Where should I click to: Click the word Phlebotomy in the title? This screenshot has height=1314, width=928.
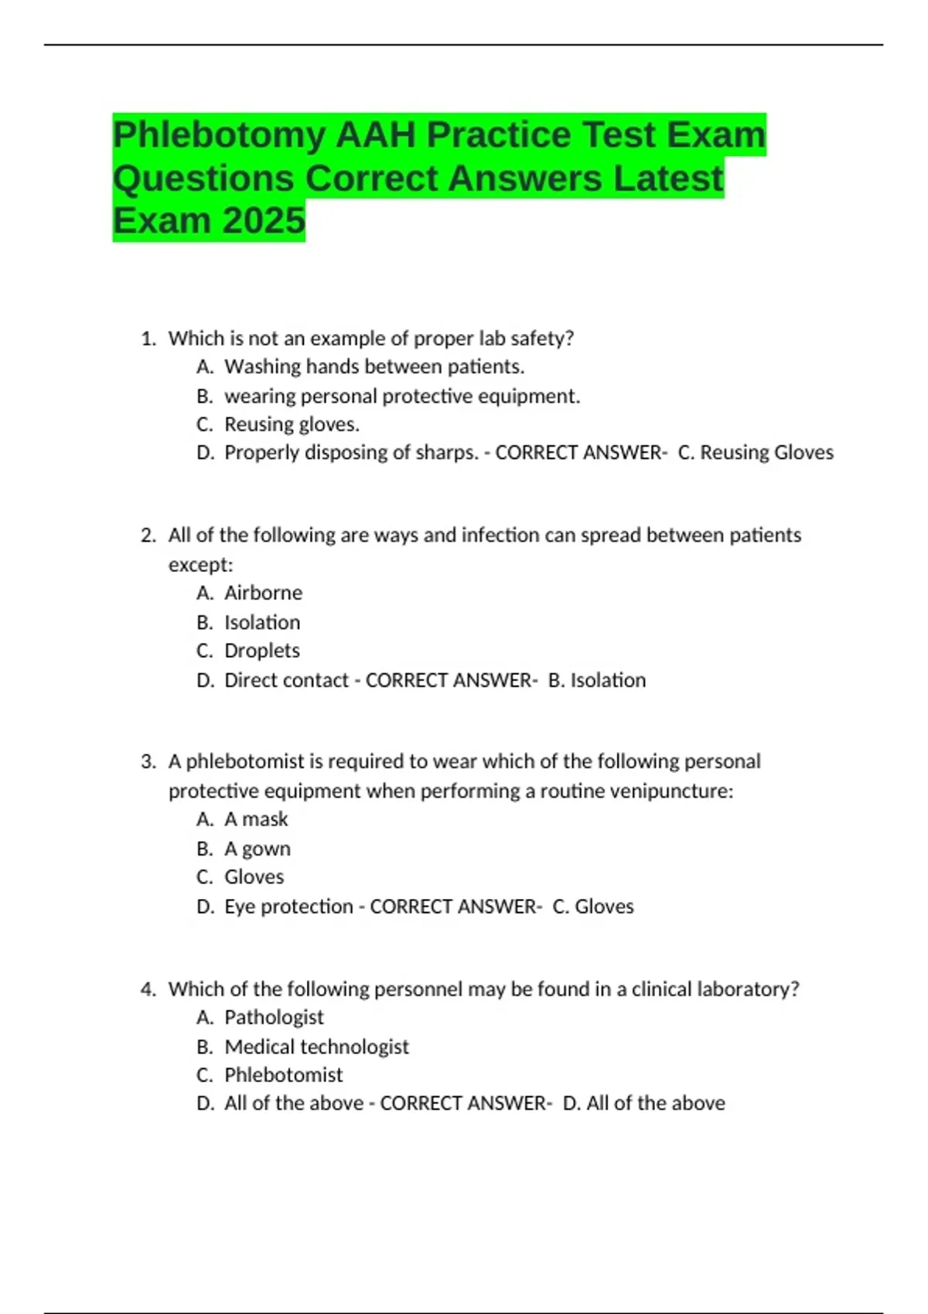(219, 135)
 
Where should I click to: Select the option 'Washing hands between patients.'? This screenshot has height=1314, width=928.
(374, 366)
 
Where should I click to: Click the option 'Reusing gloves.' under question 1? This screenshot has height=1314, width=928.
(292, 424)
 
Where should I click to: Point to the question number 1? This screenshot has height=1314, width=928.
(148, 339)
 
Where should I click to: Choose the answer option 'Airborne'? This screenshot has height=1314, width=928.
(263, 593)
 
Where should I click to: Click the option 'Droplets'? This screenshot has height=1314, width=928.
(261, 651)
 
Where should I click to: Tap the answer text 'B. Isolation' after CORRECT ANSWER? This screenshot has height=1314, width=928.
(596, 680)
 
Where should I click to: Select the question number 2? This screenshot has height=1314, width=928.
(148, 536)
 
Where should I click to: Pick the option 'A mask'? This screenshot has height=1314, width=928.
(256, 819)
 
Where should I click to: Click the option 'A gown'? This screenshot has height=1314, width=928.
(257, 849)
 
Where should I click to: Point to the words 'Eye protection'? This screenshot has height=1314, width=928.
(288, 907)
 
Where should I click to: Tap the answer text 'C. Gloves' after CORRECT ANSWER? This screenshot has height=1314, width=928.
(593, 907)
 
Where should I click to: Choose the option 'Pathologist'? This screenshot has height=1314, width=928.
(274, 1017)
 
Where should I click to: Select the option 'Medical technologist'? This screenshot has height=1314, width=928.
(316, 1047)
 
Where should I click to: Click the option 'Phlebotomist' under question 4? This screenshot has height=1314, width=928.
(283, 1075)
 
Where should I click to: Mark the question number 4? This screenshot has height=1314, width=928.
(148, 989)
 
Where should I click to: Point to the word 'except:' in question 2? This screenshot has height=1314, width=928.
(200, 565)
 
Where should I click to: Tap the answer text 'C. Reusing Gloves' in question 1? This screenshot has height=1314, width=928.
(756, 453)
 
